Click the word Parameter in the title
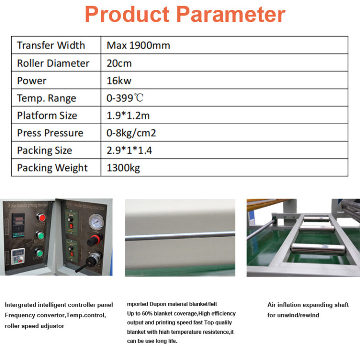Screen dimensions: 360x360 point(231,14)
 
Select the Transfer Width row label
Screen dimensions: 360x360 point(51,45)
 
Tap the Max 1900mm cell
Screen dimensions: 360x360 point(138,45)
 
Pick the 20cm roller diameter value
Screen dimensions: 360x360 point(119,63)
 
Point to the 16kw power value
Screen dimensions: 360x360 point(119,81)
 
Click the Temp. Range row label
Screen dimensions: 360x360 point(46,98)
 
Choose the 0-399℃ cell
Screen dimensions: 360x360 point(125,98)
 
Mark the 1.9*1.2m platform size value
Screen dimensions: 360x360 point(128,115)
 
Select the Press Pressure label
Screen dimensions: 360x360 point(50,133)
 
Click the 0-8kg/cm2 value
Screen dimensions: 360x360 point(131,133)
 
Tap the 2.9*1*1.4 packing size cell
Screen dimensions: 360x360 point(129,150)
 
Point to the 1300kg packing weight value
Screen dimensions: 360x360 point(123,168)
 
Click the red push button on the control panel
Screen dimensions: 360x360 point(41,217)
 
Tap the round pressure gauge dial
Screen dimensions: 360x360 point(96,221)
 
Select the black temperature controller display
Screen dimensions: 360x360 point(18,225)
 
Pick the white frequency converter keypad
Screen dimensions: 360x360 point(18,256)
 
